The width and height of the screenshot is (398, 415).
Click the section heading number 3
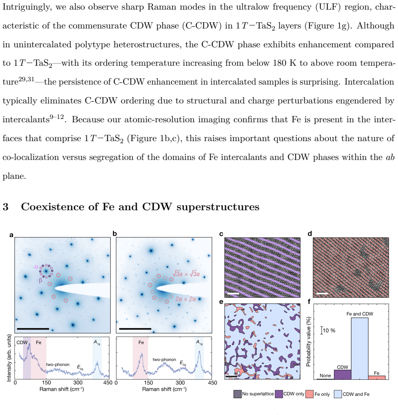click(5, 207)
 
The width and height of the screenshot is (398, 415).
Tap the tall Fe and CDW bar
click(359, 348)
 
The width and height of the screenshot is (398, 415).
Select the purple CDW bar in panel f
click(343, 374)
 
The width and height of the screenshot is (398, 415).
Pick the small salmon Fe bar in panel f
click(377, 377)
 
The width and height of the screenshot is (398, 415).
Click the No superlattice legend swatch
click(238, 394)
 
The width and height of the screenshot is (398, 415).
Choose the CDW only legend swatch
click(279, 394)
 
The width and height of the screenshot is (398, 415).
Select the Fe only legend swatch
click(309, 394)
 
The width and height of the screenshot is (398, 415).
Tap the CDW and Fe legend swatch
click(338, 394)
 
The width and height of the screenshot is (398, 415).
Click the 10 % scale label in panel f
click(329, 330)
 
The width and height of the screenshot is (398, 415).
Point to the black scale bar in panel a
click(33, 329)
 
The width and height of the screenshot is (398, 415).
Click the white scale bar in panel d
click(322, 293)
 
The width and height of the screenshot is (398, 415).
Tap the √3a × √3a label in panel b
click(186, 274)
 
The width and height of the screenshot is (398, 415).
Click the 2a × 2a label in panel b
click(185, 299)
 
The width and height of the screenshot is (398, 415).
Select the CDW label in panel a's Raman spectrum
click(22, 342)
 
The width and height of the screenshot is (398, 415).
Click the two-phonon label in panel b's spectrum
click(164, 359)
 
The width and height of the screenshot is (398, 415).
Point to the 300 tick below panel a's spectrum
click(78, 382)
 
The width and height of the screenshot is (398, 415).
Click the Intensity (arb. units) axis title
click(9, 358)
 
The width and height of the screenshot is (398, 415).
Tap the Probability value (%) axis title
click(308, 342)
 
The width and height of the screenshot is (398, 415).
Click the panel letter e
click(221, 302)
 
